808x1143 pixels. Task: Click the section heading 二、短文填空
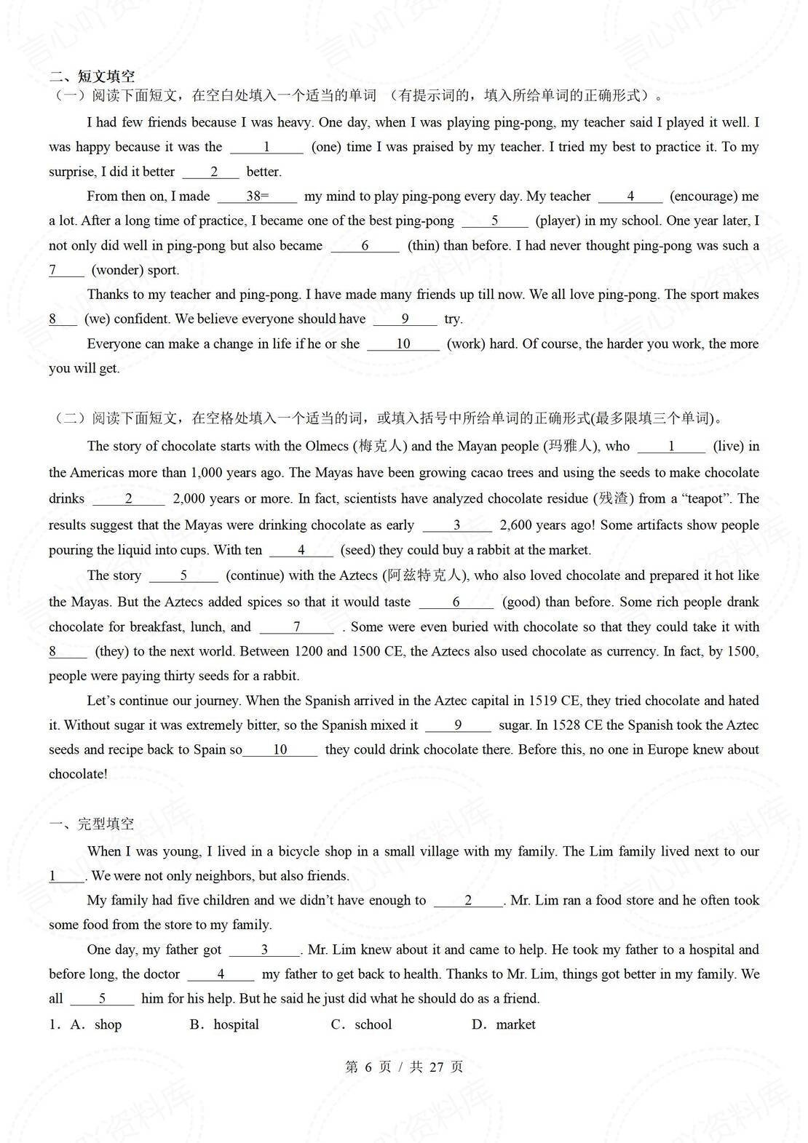[92, 76]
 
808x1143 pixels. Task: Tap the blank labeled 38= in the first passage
[257, 196]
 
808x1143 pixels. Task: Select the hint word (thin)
[422, 245]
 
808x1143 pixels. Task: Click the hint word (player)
[558, 220]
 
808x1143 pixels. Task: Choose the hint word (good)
[520, 602]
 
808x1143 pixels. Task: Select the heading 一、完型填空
[92, 824]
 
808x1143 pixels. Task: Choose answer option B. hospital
[224, 1024]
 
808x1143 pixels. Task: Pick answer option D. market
[504, 1024]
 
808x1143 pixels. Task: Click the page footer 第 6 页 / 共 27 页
[404, 1067]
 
